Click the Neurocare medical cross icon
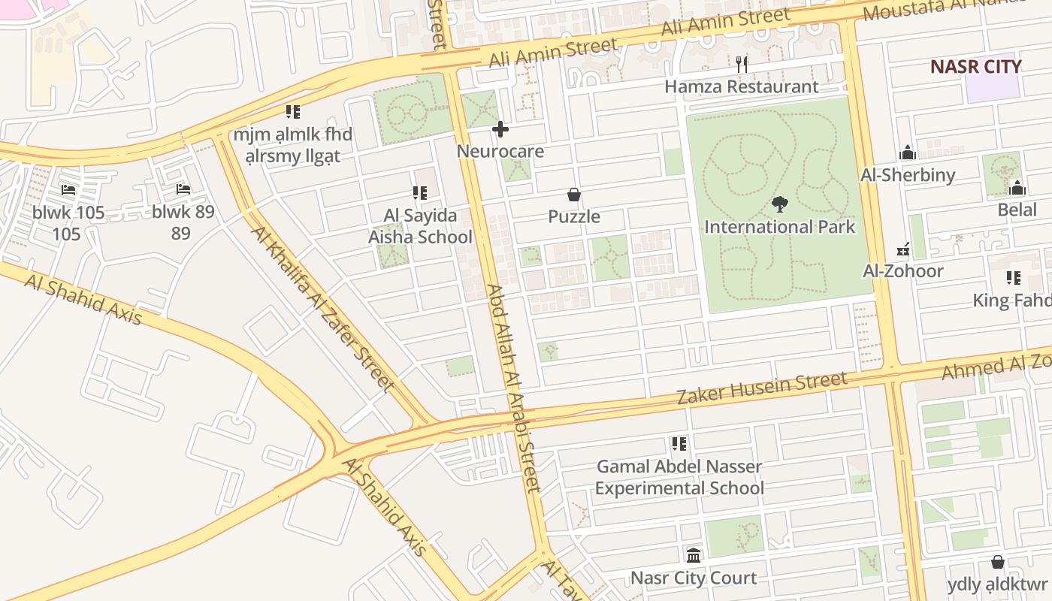(500, 130)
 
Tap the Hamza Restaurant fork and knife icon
(742, 65)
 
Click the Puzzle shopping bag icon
(574, 195)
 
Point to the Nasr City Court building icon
(694, 556)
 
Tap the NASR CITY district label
(976, 66)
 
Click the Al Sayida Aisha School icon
(420, 194)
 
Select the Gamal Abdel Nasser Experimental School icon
(679, 444)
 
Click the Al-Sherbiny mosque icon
(908, 153)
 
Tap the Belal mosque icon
(1017, 188)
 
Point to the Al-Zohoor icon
(903, 249)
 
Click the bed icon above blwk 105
(68, 190)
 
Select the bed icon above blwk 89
(183, 189)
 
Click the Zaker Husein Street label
(762, 388)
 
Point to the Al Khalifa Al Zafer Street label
(324, 308)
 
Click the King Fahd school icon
(1014, 279)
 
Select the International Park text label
(780, 227)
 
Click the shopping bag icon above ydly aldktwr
(998, 562)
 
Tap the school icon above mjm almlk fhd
(293, 113)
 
